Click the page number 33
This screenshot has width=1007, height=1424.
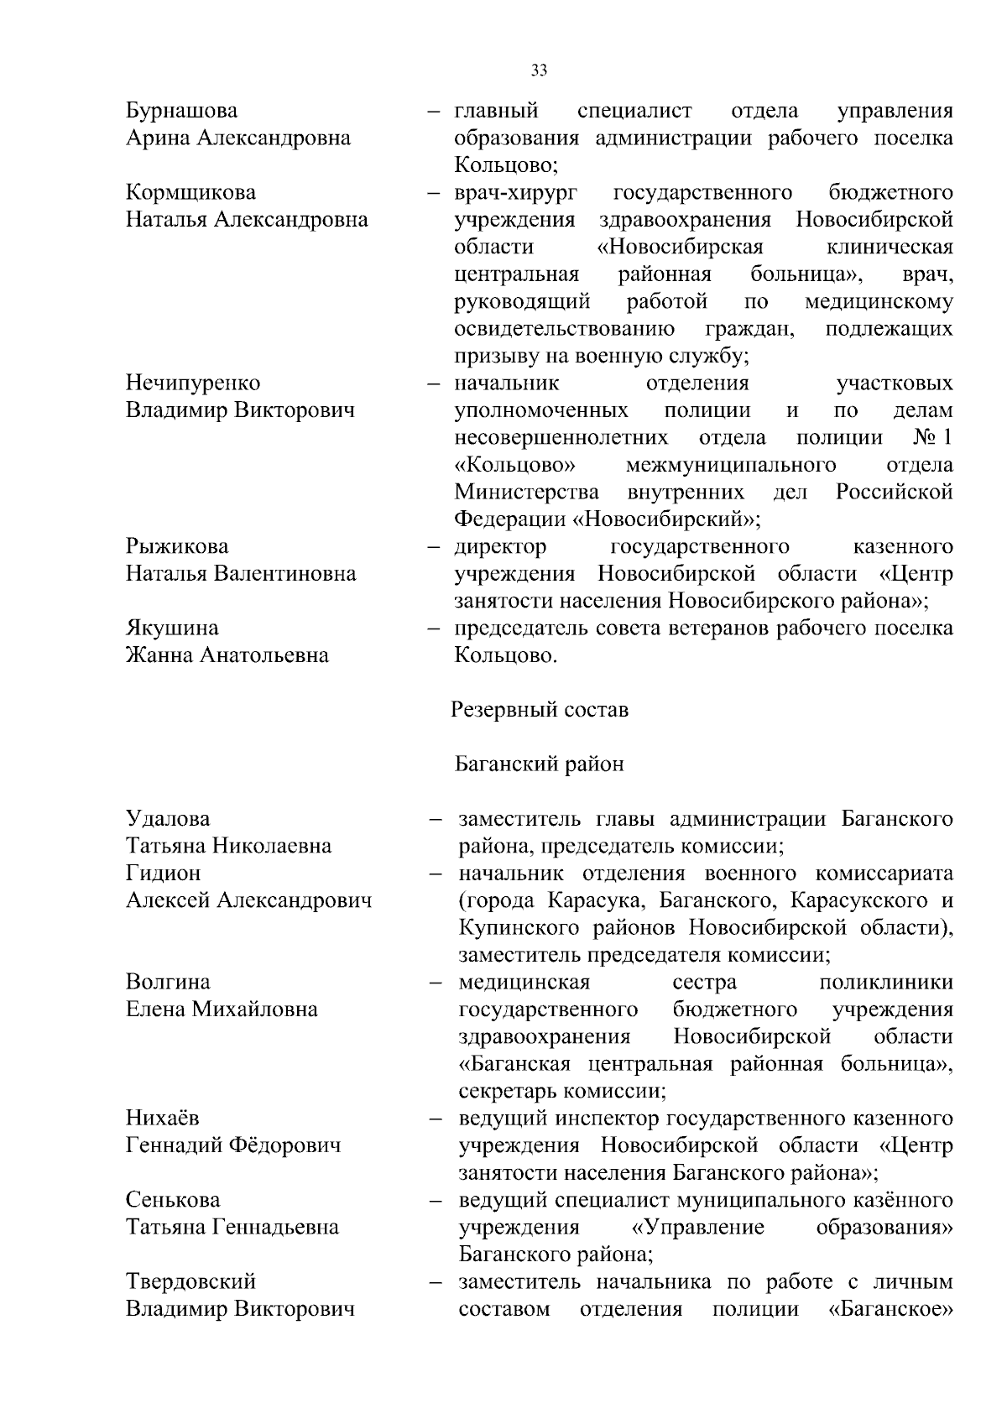539,70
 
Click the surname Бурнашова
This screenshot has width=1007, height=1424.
181,111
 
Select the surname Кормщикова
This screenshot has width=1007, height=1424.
190,192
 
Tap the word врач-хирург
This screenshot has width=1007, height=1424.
515,193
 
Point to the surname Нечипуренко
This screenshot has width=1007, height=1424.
193,383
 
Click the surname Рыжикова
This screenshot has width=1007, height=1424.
177,546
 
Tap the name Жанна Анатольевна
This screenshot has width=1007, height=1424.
227,655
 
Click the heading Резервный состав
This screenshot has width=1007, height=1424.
540,710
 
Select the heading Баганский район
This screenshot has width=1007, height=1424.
540,764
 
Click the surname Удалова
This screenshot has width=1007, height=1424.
168,818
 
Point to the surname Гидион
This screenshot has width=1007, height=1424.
163,873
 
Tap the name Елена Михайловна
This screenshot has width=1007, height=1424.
222,1009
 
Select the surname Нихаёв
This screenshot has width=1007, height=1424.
163,1118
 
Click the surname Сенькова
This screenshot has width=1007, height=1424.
173,1199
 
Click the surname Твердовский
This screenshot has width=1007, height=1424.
190,1281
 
